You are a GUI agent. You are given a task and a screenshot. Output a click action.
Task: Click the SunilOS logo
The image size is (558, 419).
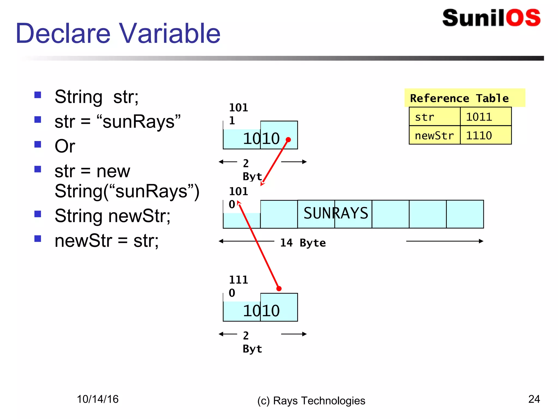[491, 18]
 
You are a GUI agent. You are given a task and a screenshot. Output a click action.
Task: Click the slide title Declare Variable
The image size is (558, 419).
[118, 33]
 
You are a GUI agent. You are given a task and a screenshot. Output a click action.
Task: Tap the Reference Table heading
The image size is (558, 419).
[459, 98]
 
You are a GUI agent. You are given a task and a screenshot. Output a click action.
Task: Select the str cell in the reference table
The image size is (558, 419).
[434, 117]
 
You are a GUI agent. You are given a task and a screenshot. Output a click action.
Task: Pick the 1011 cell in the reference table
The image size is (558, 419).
[486, 117]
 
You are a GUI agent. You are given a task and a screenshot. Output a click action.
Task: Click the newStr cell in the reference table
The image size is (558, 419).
[434, 135]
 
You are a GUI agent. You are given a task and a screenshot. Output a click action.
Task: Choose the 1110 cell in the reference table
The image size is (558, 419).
[486, 135]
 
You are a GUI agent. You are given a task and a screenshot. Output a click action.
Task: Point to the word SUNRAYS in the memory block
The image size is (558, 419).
[336, 213]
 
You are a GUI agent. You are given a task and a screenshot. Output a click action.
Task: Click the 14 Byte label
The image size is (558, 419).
[303, 243]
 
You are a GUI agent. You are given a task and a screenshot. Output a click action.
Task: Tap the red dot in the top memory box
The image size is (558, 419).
[288, 140]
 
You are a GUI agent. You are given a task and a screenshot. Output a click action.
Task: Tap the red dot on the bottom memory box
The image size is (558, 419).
[279, 289]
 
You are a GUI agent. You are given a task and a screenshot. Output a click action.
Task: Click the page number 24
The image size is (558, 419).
[534, 399]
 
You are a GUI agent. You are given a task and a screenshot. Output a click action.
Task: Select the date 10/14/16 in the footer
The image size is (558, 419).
[98, 399]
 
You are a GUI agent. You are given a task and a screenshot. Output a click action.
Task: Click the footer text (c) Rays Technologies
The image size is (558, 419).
[311, 401]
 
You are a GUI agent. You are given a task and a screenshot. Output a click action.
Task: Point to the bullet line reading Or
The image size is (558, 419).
[65, 146]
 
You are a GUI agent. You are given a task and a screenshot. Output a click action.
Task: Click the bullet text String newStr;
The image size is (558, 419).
[112, 216]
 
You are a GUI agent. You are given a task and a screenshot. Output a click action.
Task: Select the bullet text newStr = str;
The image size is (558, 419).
[106, 241]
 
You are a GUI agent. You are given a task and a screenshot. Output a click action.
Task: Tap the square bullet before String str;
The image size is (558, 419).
[38, 95]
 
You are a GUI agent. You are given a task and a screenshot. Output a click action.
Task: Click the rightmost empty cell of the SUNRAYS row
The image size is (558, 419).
[465, 214]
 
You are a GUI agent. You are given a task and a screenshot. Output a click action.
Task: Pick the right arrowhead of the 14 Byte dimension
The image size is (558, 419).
[481, 241]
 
